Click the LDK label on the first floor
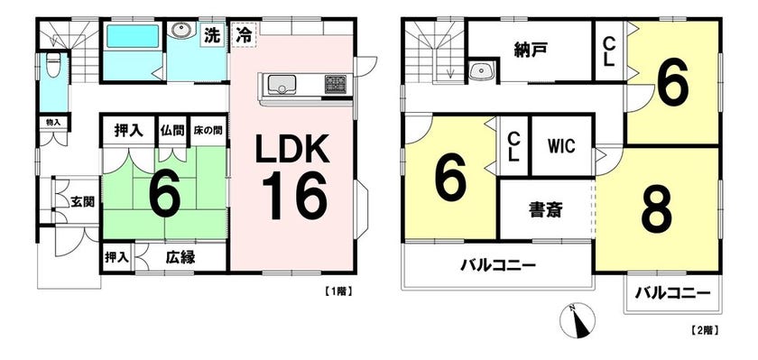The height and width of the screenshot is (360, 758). click(292, 149)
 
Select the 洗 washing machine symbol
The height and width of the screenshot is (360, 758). click(211, 36)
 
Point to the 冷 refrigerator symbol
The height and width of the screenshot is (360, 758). click(244, 35)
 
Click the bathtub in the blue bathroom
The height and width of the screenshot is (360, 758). click(133, 37)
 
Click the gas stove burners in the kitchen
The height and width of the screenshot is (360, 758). click(336, 84)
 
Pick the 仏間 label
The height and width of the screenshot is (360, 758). click(173, 131)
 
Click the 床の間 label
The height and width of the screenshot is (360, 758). click(208, 131)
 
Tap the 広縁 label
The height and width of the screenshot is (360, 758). click(180, 258)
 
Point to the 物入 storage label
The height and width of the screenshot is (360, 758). click(53, 122)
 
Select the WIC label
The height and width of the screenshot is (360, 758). click(561, 146)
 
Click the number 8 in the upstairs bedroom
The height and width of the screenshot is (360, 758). click(657, 209)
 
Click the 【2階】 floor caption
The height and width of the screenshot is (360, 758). click(703, 331)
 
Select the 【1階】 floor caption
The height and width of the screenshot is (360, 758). click(336, 291)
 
